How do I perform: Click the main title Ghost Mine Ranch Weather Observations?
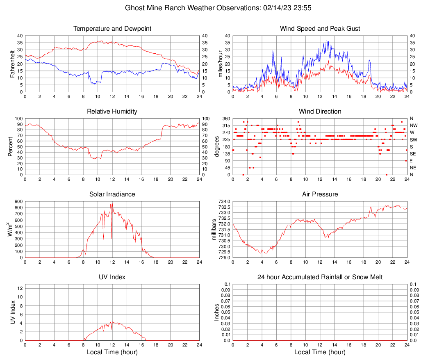(210, 8)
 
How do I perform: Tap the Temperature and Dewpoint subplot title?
(112, 29)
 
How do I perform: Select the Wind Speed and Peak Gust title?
(320, 29)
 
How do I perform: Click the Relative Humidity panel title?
(112, 112)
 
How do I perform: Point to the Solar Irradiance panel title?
(112, 194)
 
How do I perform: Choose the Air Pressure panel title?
(320, 194)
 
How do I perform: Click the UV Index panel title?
(112, 277)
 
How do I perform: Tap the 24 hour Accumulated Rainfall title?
(320, 277)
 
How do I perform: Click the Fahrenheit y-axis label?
(12, 64)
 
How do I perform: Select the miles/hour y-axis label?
(220, 64)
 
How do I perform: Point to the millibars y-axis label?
(214, 230)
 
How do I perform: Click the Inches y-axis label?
(217, 312)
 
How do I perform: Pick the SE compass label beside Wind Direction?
(413, 154)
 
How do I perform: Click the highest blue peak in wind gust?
(326, 40)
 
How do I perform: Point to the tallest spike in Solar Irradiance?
(112, 204)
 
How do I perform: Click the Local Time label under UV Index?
(112, 352)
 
